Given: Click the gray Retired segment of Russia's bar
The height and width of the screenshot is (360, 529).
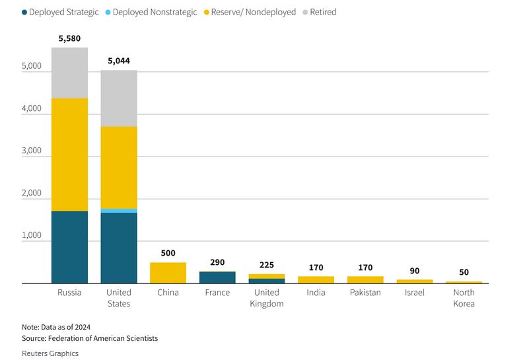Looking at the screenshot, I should point(69,73).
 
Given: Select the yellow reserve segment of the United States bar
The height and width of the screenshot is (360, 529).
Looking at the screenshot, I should point(119,167).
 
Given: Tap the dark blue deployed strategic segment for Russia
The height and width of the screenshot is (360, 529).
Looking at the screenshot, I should point(69,247).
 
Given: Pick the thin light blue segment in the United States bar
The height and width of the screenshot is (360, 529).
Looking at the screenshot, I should point(119,211).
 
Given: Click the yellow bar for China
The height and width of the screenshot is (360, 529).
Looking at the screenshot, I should point(168,273).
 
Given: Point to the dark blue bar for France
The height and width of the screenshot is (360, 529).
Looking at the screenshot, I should point(217,277).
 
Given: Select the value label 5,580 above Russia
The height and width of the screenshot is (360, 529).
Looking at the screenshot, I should point(69,39).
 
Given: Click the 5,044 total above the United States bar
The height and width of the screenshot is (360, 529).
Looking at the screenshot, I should point(119,61).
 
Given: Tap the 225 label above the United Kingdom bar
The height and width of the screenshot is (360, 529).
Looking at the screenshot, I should point(267,265).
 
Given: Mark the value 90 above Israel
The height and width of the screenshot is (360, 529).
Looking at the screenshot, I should point(415,271).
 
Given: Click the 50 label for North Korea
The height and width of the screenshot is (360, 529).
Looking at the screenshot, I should point(464,272).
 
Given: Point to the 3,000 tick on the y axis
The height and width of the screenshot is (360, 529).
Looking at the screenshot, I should point(31,151).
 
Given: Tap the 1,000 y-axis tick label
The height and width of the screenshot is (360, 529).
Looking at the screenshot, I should point(31,235).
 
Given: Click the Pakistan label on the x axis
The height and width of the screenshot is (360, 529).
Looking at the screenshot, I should point(365,293).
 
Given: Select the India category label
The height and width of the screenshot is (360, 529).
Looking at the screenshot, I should point(316,293).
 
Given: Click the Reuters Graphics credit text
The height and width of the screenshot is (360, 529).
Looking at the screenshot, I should point(50,353).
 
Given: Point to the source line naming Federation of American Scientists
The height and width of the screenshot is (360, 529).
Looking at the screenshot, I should point(90,338).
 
